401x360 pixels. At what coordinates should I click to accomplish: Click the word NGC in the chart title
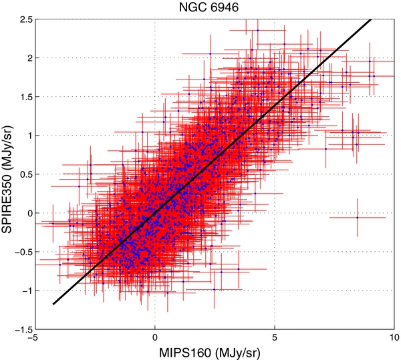pyautogui.click(x=187, y=8)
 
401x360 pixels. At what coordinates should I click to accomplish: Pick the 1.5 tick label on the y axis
pyautogui.click(x=21, y=97)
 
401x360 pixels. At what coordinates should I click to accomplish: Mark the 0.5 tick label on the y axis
pyautogui.click(x=21, y=175)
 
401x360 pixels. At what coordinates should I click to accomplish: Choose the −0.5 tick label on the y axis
pyautogui.click(x=19, y=252)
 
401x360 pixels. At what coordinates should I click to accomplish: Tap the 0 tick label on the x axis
pyautogui.click(x=155, y=339)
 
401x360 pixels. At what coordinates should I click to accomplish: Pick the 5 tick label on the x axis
pyautogui.click(x=275, y=339)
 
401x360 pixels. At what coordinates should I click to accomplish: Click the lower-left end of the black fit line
pyautogui.click(x=53, y=305)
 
